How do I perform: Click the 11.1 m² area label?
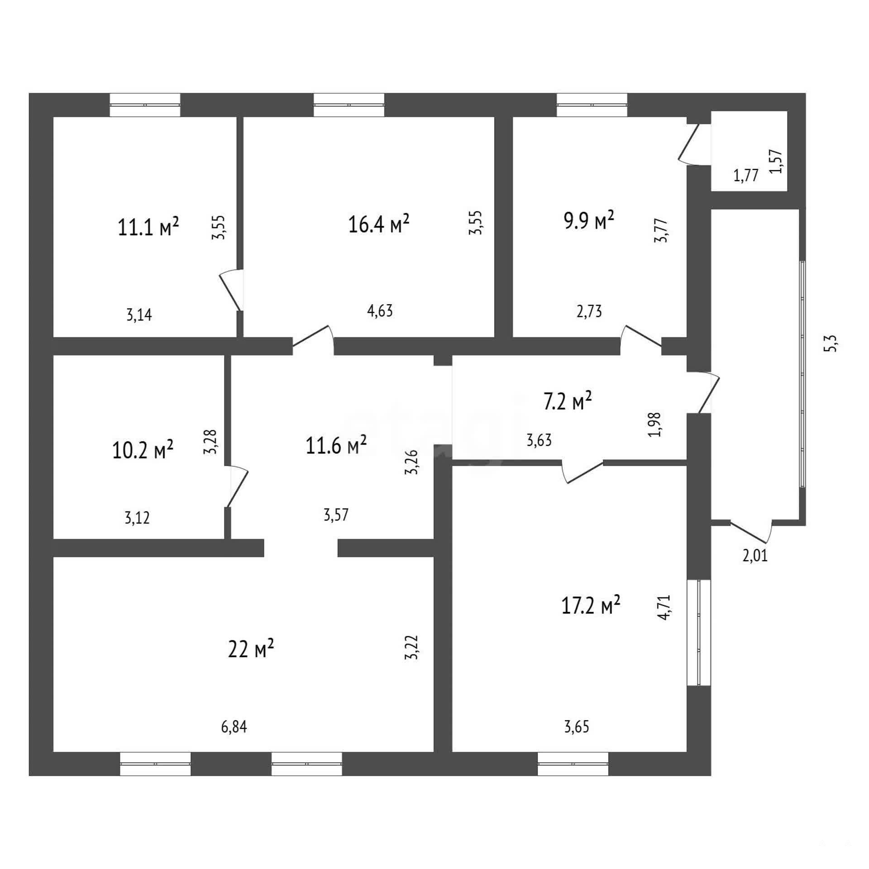148,226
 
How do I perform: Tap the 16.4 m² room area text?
379,224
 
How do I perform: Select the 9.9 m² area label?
589,220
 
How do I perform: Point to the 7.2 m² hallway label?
568,401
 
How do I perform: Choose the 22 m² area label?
251,649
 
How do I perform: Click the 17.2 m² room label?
591,606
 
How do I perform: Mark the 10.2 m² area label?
143,450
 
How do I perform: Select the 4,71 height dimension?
664,607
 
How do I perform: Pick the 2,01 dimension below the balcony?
755,555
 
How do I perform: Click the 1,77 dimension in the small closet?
745,175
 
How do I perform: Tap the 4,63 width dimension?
380,310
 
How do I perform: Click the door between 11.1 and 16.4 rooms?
232,290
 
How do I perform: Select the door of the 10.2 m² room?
237,486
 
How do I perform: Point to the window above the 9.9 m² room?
592,105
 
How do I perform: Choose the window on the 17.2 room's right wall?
699,632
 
